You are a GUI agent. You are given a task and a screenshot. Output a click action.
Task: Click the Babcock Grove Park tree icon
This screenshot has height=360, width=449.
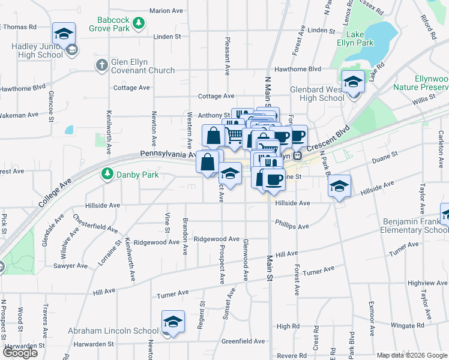(139, 23)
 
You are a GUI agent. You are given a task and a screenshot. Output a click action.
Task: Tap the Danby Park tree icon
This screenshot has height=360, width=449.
(107, 174)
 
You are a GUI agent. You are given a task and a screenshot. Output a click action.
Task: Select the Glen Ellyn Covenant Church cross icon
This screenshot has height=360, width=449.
(102, 64)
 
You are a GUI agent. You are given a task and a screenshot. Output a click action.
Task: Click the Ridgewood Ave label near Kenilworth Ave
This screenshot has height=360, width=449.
(157, 242)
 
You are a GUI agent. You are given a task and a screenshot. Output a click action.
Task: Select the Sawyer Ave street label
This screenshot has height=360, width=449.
(70, 265)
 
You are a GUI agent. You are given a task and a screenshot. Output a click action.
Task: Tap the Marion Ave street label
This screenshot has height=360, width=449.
(166, 11)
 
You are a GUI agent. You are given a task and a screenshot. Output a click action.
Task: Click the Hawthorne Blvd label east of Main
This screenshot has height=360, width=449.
(298, 70)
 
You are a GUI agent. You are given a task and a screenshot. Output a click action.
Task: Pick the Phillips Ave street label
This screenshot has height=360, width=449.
(292, 224)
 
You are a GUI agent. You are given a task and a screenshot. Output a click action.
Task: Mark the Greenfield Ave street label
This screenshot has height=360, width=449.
(243, 341)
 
